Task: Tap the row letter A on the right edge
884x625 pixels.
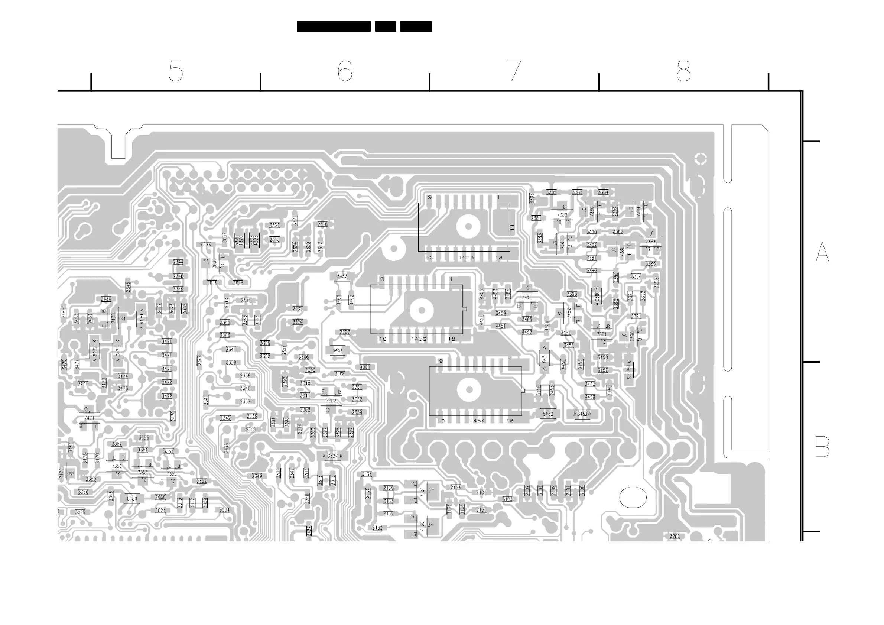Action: coord(822,252)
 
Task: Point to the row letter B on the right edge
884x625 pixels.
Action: coord(822,447)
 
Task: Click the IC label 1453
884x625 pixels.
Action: coord(466,257)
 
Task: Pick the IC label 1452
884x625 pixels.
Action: coord(419,339)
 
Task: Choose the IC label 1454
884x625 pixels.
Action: coord(477,421)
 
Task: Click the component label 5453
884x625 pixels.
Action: coord(342,276)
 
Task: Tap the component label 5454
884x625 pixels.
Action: coord(337,350)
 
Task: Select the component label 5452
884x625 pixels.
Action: coord(548,414)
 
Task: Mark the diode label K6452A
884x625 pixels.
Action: coord(582,414)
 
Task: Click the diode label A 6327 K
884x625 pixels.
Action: coord(333,456)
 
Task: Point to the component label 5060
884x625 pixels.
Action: coord(132,499)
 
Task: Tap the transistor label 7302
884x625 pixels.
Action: coord(331,401)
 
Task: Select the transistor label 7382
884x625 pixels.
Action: coord(562,214)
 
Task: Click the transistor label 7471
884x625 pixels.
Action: coord(89,418)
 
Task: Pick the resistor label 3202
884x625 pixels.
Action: coord(675,536)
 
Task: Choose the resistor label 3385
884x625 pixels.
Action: coord(551,192)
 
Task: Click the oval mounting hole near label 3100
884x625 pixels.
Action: coord(633,497)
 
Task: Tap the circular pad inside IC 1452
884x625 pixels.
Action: coord(422,310)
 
